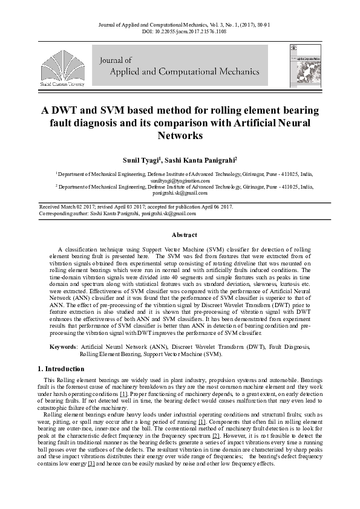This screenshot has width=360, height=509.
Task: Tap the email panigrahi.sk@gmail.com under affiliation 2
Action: coord(180,193)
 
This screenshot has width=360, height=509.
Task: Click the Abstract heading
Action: coord(185,235)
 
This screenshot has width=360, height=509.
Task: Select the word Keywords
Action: coord(62,347)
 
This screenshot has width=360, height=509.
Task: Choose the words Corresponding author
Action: coord(64,213)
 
